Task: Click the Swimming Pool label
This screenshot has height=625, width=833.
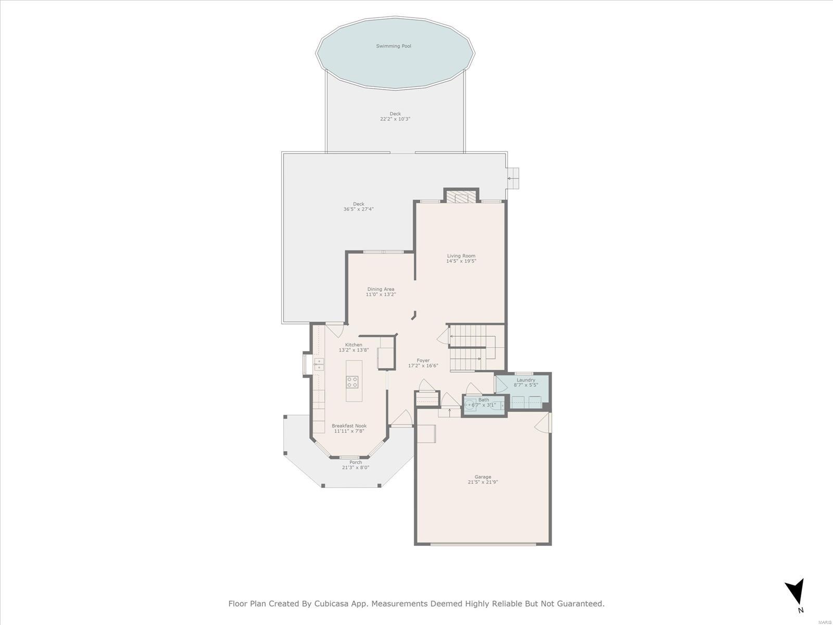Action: (394, 46)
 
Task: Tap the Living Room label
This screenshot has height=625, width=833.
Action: (461, 256)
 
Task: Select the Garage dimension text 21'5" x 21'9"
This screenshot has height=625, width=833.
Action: (483, 482)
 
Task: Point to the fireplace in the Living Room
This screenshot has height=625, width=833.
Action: (461, 197)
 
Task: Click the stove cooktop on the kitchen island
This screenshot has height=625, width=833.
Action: (352, 382)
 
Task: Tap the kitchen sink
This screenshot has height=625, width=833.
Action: (319, 364)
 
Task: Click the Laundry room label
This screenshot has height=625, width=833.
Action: (526, 380)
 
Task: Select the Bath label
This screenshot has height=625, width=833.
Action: (484, 399)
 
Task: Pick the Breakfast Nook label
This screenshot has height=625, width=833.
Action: (349, 426)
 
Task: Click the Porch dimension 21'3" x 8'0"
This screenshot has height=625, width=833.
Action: (356, 468)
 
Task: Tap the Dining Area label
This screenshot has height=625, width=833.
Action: (381, 289)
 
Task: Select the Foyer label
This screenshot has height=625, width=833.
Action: (423, 360)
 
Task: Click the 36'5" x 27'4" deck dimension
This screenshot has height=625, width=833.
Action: (359, 209)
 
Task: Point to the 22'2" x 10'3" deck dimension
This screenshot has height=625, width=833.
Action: (395, 119)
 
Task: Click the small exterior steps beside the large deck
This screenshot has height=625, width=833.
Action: (513, 178)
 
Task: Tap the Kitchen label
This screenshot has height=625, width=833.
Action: (354, 345)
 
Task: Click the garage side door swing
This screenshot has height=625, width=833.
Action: (543, 422)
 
